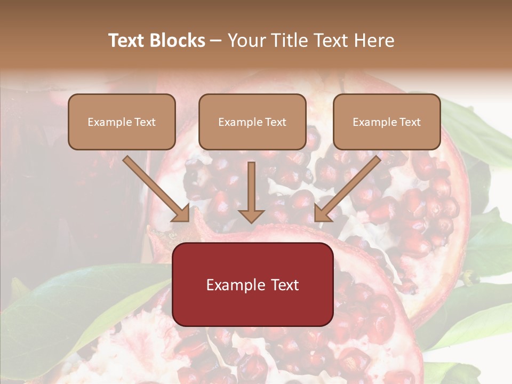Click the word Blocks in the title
coord(177,41)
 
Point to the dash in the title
coord(217,41)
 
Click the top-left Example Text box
coord(122,122)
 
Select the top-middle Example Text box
coord(252,122)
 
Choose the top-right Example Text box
coord(387,122)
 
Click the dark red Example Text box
coord(253,284)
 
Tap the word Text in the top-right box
coord(410,122)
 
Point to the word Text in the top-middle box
coord(276,122)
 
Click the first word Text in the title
coord(127,41)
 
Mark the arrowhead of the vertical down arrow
coord(252,215)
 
